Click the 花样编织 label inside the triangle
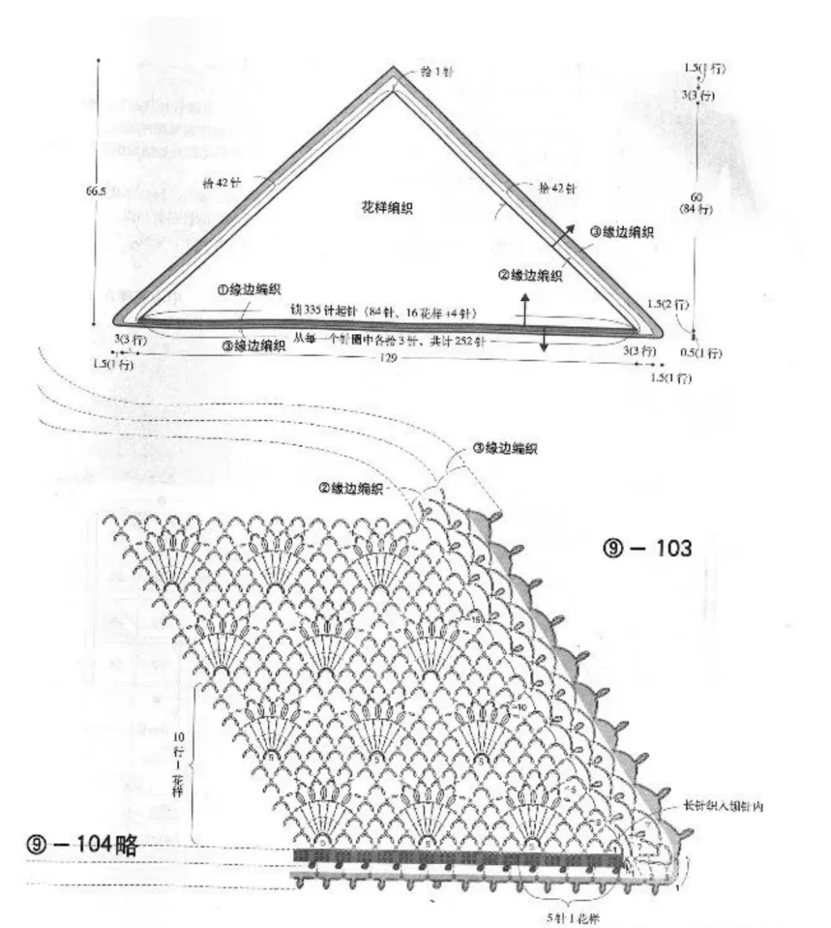coord(386,208)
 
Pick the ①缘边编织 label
coord(248,290)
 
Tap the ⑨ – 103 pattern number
coord(648,549)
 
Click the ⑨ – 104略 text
coord(82,846)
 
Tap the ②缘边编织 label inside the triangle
coord(530,275)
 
